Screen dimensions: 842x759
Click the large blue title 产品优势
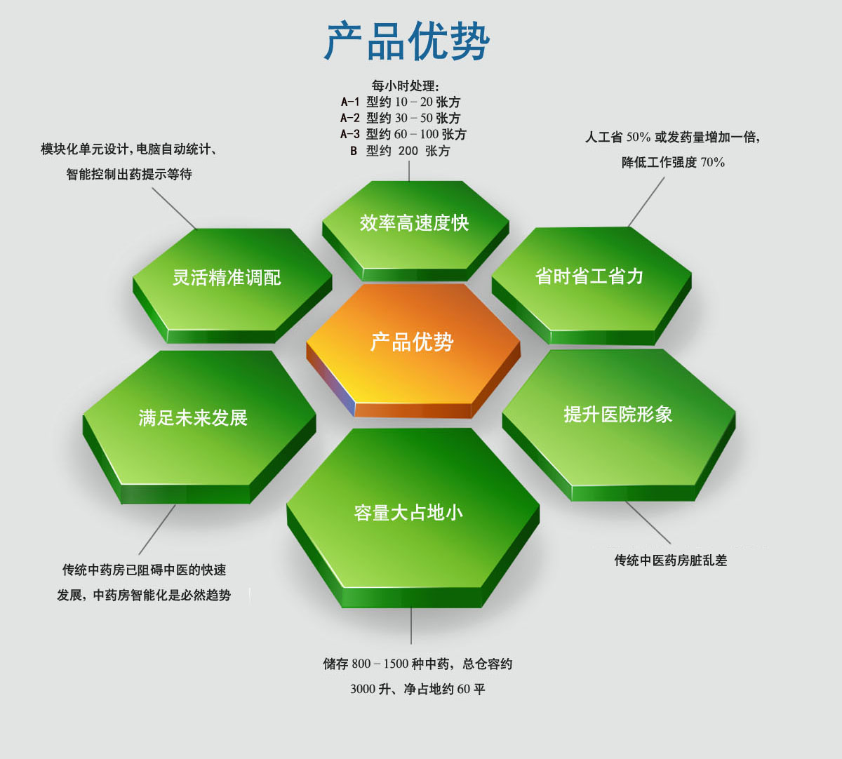(406, 41)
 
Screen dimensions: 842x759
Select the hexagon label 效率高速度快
(414, 222)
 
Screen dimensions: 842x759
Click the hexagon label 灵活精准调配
(227, 277)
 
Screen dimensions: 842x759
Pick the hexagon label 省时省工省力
(589, 276)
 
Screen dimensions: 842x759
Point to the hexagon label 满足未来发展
(193, 417)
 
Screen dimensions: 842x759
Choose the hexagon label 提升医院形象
(618, 414)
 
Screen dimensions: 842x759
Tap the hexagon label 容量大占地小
(408, 512)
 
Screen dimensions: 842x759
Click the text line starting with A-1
(401, 102)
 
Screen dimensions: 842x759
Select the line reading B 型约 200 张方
(399, 151)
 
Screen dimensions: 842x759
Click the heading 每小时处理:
(405, 86)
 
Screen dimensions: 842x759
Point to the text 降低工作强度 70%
(674, 162)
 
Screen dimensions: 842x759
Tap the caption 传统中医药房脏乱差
(670, 560)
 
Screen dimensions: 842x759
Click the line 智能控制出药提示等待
(129, 174)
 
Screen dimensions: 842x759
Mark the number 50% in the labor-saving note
(638, 137)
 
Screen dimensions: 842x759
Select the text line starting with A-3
(403, 135)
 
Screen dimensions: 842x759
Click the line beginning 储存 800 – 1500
(417, 664)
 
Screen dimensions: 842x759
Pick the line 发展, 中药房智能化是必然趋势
(144, 595)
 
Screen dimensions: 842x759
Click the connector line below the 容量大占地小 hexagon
(411, 626)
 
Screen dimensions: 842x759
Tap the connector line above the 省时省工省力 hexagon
(646, 201)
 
